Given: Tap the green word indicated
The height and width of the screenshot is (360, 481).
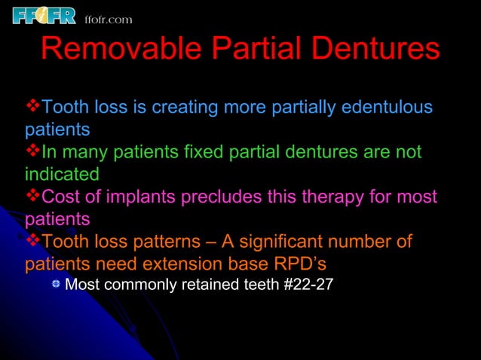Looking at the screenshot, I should [62, 174].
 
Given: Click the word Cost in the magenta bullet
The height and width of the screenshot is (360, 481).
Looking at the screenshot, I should [60, 197].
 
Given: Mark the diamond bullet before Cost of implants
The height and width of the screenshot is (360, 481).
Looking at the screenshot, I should [33, 197].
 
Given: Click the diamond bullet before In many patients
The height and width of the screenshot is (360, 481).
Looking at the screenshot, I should [33, 152].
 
